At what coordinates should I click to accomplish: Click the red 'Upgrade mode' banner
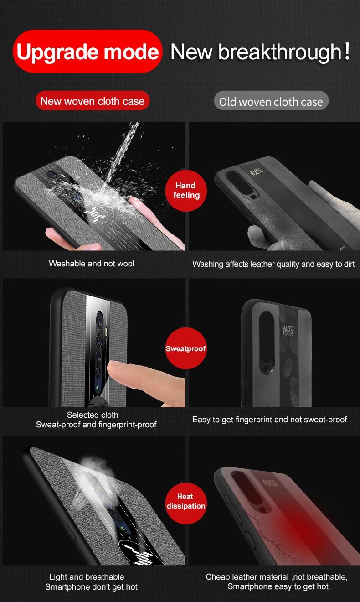pyautogui.click(x=87, y=51)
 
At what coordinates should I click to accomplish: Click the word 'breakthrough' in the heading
pyautogui.click(x=280, y=52)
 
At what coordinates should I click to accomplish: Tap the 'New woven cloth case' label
pyautogui.click(x=93, y=101)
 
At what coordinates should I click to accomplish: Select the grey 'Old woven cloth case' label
pyautogui.click(x=271, y=101)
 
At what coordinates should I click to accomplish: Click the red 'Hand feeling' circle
pyautogui.click(x=186, y=190)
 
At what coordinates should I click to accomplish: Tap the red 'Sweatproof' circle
pyautogui.click(x=186, y=348)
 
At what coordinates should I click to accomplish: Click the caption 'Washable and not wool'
pyautogui.click(x=92, y=264)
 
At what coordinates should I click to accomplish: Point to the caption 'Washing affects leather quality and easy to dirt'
pyautogui.click(x=273, y=264)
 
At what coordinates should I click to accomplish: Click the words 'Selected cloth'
pyautogui.click(x=93, y=415)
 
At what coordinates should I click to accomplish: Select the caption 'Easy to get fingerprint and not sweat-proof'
pyautogui.click(x=270, y=420)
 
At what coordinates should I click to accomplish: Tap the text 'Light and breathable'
pyautogui.click(x=87, y=577)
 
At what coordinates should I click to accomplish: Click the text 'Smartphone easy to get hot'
pyautogui.click(x=278, y=586)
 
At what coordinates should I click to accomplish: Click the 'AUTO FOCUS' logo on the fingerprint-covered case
pyautogui.click(x=288, y=330)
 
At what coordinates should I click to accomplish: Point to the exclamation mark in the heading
pyautogui.click(x=347, y=51)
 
